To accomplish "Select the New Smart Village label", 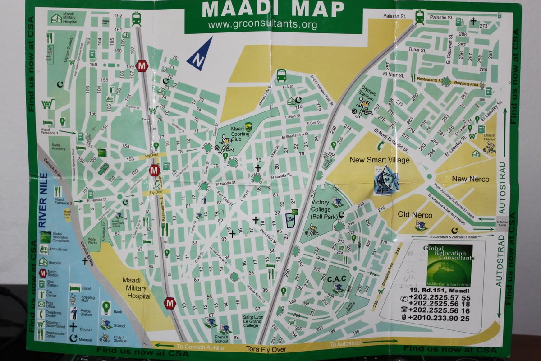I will (x=380, y=160).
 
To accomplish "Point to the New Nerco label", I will (x=470, y=179).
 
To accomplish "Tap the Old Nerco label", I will (x=415, y=214).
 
